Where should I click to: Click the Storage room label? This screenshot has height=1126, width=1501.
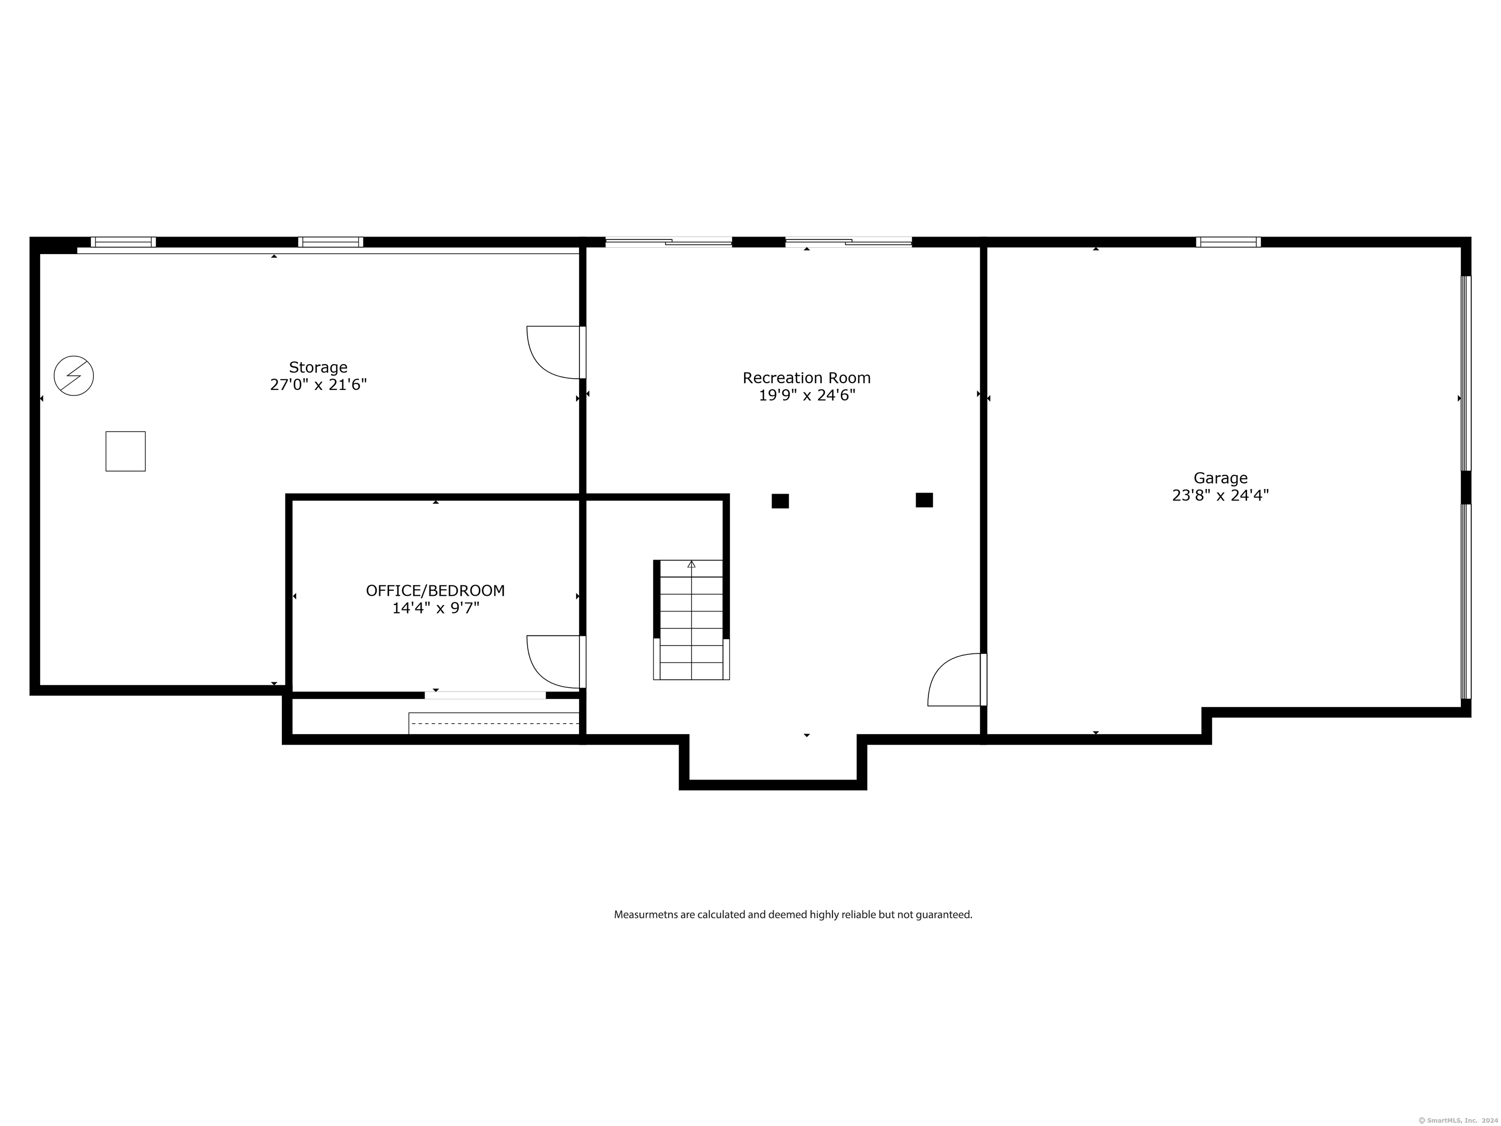coord(318,367)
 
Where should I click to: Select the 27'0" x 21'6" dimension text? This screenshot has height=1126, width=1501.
coord(318,385)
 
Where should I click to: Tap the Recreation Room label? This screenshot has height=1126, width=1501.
coord(806,378)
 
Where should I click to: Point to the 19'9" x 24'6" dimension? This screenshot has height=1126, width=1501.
coord(806,395)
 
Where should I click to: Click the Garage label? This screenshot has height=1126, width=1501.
coord(1220,478)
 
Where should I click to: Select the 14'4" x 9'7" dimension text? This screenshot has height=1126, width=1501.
coord(435,608)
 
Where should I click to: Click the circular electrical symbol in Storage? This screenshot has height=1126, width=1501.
coord(74,375)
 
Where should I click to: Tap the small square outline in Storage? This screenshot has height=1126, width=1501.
coord(126,452)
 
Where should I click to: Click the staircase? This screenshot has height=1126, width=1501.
coord(691,620)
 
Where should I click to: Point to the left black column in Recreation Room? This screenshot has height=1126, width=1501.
coord(780,501)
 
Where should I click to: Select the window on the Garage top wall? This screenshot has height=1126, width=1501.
coord(1228,241)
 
